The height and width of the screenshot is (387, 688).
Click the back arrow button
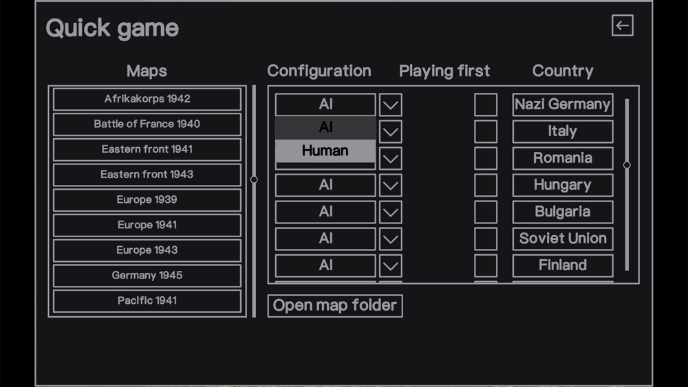pyautogui.click(x=622, y=25)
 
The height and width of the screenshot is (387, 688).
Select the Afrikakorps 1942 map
pyautogui.click(x=147, y=99)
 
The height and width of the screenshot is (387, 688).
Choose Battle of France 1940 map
pyautogui.click(x=147, y=124)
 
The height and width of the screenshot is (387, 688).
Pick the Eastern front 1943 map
pyautogui.click(x=147, y=175)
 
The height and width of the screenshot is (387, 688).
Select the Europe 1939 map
pyautogui.click(x=147, y=200)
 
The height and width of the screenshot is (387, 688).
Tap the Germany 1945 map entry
pyautogui.click(x=147, y=275)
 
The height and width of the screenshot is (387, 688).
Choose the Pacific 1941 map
pyautogui.click(x=147, y=300)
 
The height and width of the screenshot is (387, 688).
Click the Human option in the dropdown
pyautogui.click(x=325, y=151)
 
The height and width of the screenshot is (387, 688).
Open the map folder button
pyautogui.click(x=335, y=305)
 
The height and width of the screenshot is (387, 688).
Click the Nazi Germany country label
pyautogui.click(x=563, y=104)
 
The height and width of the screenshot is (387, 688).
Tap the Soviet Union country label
pyautogui.click(x=563, y=239)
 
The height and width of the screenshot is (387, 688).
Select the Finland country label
pyautogui.click(x=563, y=265)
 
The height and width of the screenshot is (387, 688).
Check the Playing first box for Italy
pyautogui.click(x=486, y=131)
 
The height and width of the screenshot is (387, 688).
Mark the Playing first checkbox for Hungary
pyautogui.click(x=486, y=185)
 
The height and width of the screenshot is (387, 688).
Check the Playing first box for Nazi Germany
pyautogui.click(x=486, y=104)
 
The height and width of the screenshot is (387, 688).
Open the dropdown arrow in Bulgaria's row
pyautogui.click(x=391, y=212)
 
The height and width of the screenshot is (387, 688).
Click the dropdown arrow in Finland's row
pyautogui.click(x=391, y=265)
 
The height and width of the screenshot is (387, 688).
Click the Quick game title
pyautogui.click(x=112, y=28)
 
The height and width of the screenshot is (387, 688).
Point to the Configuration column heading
pyautogui.click(x=319, y=71)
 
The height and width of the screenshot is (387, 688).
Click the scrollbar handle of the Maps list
pyautogui.click(x=254, y=179)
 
